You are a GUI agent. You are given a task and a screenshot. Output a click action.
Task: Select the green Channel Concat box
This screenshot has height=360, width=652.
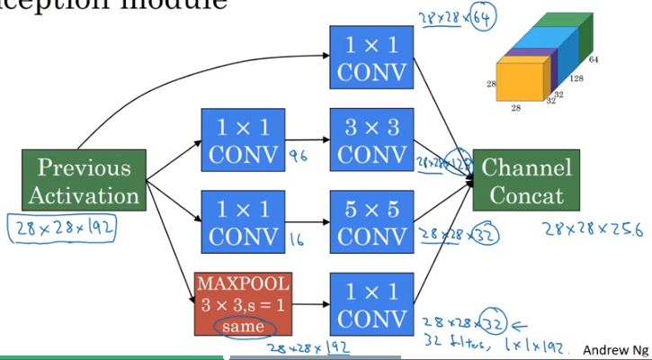point(526,181)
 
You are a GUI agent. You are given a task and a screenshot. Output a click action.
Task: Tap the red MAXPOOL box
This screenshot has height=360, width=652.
point(242,303)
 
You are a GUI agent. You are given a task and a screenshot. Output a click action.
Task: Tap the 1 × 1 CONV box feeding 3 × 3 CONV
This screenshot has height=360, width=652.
point(242,140)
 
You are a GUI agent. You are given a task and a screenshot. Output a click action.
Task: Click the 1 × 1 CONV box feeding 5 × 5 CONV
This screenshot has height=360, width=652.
point(242,221)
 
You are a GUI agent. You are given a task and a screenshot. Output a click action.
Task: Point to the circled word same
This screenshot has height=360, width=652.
point(242,325)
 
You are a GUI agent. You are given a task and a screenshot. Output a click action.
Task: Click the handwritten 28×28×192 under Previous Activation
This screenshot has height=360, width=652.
point(62,228)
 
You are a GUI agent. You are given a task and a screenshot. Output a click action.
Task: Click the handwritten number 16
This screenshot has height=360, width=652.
point(297,238)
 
